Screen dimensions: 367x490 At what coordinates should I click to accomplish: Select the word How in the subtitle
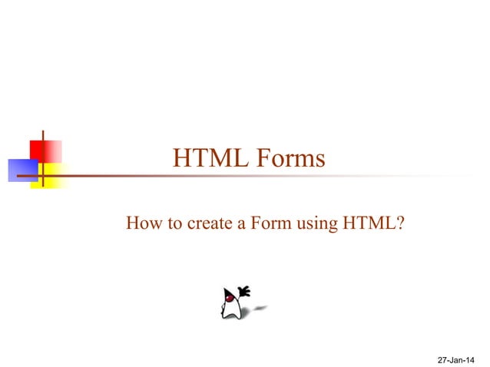(141, 224)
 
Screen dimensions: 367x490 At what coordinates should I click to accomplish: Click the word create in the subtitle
(204, 224)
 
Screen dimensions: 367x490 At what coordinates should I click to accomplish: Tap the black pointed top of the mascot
(227, 291)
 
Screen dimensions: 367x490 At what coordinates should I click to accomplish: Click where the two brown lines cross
(43, 177)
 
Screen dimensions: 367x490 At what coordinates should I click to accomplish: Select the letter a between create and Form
(238, 225)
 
